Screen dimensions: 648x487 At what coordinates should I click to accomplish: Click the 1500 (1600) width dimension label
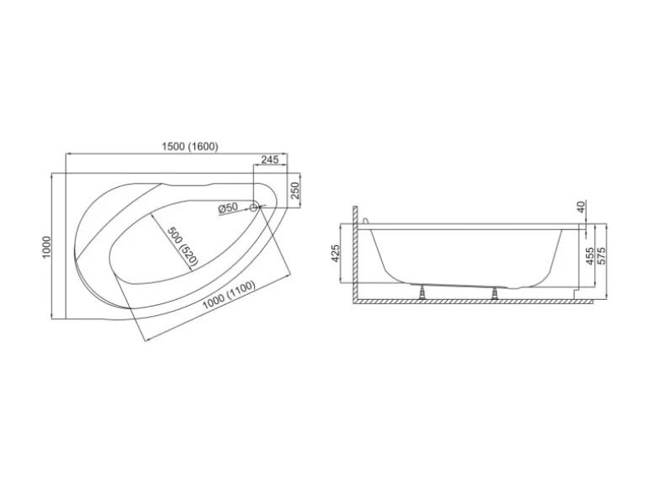[x=189, y=147]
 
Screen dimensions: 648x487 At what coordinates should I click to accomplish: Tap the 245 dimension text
[x=270, y=160]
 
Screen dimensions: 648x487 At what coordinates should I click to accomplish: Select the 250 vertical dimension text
[x=295, y=190]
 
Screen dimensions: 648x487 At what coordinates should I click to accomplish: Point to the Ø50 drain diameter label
[x=228, y=207]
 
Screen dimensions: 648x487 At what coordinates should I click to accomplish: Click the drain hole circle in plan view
[x=254, y=207]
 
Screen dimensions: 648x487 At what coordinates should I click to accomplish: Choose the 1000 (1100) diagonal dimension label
[x=229, y=295]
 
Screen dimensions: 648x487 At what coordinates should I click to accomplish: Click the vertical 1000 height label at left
[x=46, y=247]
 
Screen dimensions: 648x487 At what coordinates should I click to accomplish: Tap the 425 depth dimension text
[x=335, y=254]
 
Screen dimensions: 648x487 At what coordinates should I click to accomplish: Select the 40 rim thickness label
[x=581, y=206]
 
